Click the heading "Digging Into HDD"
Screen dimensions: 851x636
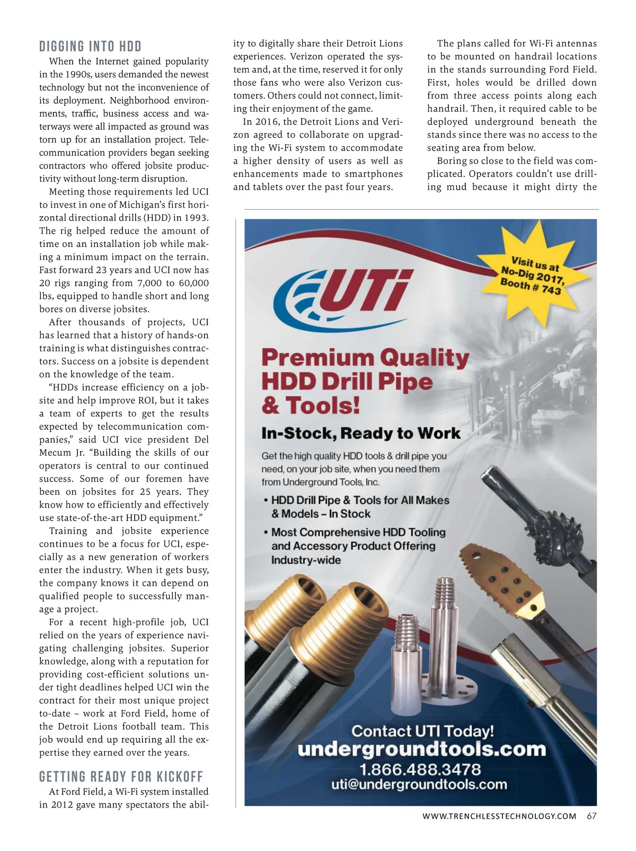coord(90,47)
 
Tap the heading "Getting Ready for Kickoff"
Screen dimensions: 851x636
coord(121,777)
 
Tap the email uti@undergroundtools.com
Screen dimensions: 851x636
coord(419,784)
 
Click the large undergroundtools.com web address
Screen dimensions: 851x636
coord(421,749)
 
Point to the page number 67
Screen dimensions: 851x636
coord(591,816)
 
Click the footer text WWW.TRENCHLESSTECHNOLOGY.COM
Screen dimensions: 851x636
coord(499,816)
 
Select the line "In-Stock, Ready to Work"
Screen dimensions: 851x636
coord(361,433)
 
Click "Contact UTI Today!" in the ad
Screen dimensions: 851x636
coord(422,731)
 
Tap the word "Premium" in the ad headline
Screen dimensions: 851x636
coord(317,358)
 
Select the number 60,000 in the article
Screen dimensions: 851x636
coord(193,283)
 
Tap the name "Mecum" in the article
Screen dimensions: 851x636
coord(56,453)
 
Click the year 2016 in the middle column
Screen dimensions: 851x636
coord(268,122)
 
